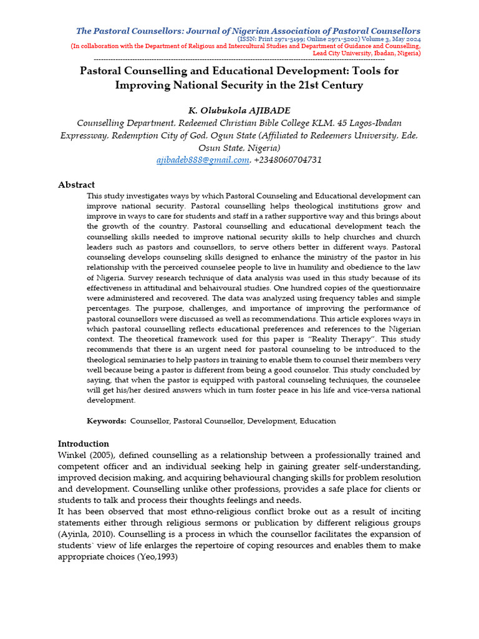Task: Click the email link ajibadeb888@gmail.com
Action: point(203,160)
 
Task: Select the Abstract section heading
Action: point(76,185)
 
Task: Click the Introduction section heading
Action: point(83,444)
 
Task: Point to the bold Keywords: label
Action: point(107,421)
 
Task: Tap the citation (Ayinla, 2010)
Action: point(85,534)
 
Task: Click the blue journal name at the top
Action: point(248,31)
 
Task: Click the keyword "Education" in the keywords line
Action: point(317,421)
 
